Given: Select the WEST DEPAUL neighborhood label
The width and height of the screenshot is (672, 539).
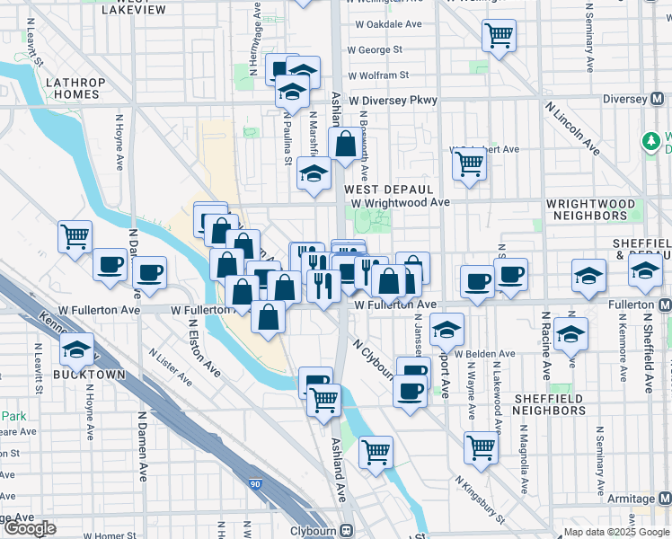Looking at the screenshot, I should click(x=389, y=190).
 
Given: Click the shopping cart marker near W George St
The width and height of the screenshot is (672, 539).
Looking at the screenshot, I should click(x=499, y=36).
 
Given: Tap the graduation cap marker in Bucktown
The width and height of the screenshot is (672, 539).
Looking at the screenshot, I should click(x=76, y=348).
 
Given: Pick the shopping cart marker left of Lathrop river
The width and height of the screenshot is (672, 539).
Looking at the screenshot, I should click(x=75, y=236).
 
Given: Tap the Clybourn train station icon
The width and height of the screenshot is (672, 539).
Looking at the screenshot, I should click(x=347, y=531).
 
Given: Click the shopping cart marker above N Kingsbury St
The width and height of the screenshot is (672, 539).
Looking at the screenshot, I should click(x=482, y=446).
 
